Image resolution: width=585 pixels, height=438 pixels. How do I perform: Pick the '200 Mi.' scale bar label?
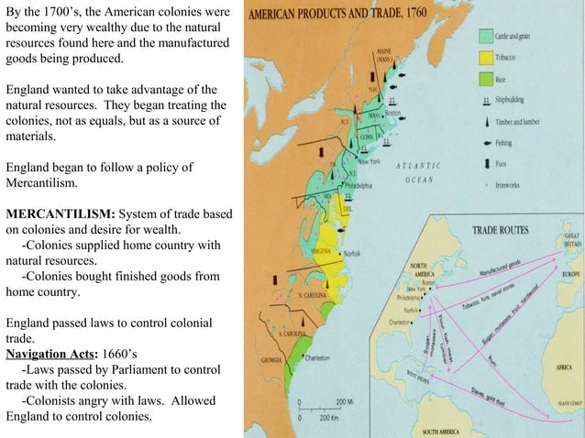pyautogui.click(x=347, y=403)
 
